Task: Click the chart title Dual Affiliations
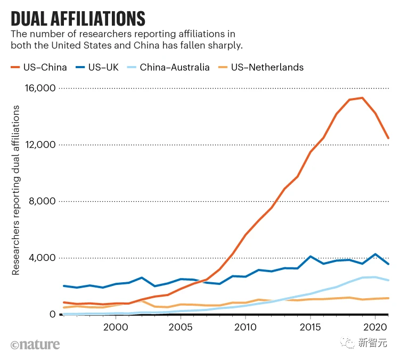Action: pyautogui.click(x=78, y=18)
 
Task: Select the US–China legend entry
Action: pyautogui.click(x=39, y=67)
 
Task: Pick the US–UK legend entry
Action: pyautogui.click(x=97, y=67)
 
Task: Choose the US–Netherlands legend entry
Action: pyautogui.click(x=261, y=67)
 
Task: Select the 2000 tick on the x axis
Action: pyautogui.click(x=116, y=326)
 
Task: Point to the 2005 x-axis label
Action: pyautogui.click(x=180, y=326)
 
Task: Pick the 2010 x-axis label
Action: pyautogui.click(x=245, y=326)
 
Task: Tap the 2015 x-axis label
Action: pyautogui.click(x=309, y=326)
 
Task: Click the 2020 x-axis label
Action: pyautogui.click(x=374, y=326)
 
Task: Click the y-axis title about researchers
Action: pyautogui.click(x=16, y=190)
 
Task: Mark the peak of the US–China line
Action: pyautogui.click(x=362, y=98)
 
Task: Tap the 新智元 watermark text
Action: pyautogui.click(x=372, y=344)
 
